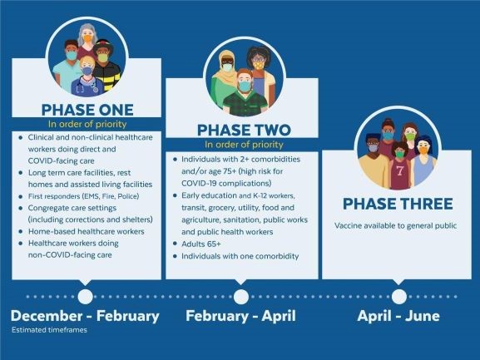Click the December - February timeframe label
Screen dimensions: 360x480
85,317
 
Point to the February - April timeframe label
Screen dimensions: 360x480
241,317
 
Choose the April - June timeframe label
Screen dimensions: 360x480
399,317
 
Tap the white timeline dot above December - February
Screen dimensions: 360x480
85,296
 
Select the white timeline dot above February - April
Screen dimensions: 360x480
241,296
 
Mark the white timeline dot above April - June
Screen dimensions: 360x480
399,296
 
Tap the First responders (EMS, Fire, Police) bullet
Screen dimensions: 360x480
79,195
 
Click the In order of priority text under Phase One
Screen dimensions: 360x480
84,123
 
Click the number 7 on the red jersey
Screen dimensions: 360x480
400,172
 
